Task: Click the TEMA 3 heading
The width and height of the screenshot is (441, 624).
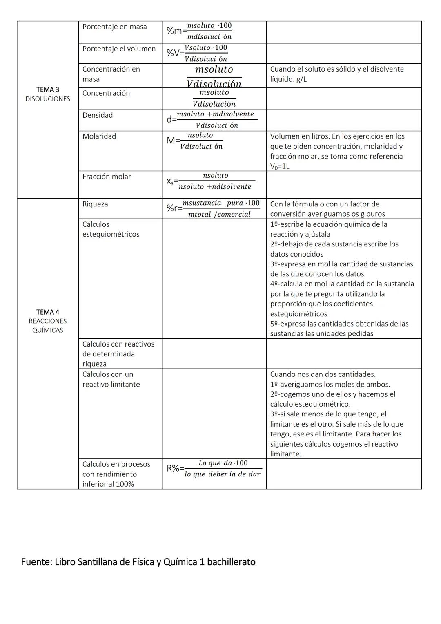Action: coord(47,89)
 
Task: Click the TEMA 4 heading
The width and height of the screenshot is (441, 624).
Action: coord(47,312)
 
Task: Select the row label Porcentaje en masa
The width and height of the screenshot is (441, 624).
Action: coord(114,27)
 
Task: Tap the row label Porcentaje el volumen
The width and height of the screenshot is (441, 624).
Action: coord(119,49)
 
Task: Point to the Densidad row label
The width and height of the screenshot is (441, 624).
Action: coord(98,115)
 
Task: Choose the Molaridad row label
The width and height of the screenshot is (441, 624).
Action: coord(99,136)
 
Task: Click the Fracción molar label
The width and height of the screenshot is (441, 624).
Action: coord(107,177)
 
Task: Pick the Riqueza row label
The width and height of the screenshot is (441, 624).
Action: coord(95,204)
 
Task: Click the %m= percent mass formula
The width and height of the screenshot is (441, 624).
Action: coord(199,31)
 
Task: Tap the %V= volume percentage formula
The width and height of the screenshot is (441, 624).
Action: coord(197,53)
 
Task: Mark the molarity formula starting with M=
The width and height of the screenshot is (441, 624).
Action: coord(195,141)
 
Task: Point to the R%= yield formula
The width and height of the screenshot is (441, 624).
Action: coord(214,469)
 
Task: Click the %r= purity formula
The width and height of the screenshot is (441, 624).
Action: coord(213,208)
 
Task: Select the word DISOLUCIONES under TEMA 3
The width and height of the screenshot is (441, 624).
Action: coord(47,99)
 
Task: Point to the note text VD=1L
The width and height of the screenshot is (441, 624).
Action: coord(280,166)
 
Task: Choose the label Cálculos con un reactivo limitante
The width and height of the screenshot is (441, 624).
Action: coord(111,379)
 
